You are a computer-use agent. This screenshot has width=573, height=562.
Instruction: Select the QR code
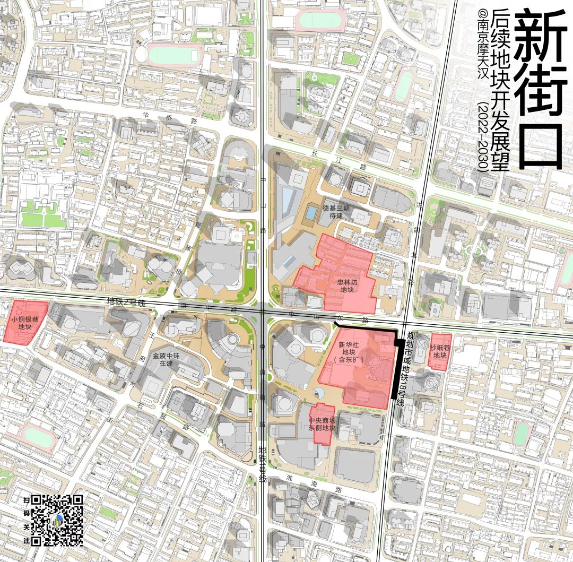57,520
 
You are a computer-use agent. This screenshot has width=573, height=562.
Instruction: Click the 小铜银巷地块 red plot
25,323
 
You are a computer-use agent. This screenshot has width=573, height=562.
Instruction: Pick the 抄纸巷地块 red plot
440,351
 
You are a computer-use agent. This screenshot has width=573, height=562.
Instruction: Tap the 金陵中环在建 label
163,359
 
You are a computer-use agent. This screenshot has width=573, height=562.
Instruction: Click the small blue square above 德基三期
310,213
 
